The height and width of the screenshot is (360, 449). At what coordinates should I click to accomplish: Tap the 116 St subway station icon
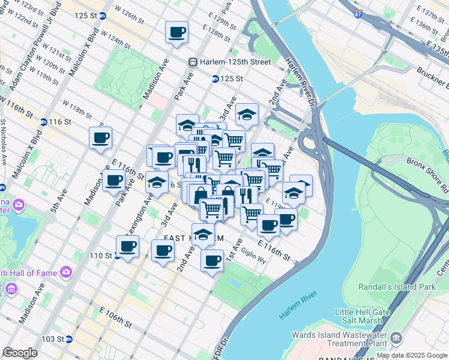tap(44, 122)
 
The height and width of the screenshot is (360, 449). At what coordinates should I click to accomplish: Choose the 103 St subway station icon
tap(69, 339)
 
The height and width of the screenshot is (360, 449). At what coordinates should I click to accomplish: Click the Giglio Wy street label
tap(253, 257)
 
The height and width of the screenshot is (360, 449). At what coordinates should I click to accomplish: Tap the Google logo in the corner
tap(20, 353)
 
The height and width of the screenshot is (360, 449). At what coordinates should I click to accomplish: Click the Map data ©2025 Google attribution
tap(412, 355)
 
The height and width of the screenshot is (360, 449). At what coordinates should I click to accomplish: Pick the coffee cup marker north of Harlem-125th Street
tap(176, 32)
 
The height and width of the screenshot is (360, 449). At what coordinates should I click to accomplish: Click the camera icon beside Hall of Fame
tap(65, 273)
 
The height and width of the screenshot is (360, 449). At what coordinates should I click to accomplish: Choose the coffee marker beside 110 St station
tap(127, 246)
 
